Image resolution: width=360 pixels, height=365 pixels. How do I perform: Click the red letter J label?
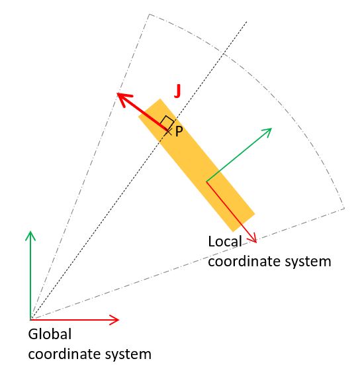(177, 91)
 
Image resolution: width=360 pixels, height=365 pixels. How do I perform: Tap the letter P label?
(179, 131)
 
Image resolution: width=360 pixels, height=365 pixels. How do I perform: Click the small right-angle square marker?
(167, 122)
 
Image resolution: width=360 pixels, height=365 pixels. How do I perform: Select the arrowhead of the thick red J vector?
(123, 98)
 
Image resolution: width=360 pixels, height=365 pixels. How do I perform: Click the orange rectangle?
(197, 165)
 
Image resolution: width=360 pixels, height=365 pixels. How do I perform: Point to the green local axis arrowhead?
(267, 132)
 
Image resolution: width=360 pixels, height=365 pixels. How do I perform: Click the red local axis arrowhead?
(253, 238)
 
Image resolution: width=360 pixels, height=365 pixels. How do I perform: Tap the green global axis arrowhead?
(30, 235)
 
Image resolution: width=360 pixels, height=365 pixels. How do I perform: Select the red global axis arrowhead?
(114, 320)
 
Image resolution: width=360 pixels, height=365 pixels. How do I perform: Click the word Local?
(225, 241)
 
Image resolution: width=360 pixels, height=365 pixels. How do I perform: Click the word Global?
(50, 334)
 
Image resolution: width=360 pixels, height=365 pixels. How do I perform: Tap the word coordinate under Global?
(65, 354)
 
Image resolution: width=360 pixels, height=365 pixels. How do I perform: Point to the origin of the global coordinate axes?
(30, 320)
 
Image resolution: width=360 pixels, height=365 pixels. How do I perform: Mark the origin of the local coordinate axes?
(206, 182)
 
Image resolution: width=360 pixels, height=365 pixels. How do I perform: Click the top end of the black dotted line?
(247, 22)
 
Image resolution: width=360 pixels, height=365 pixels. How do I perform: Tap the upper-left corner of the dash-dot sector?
(149, 14)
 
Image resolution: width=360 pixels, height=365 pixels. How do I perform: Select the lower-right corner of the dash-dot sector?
(344, 209)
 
